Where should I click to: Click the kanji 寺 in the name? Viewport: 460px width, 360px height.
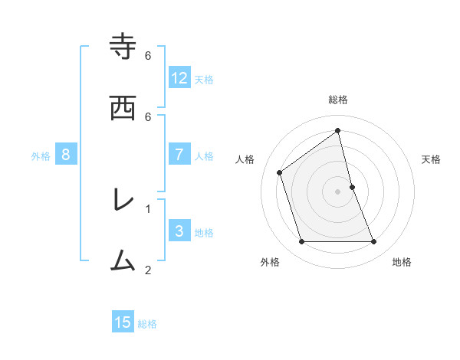point(123,47)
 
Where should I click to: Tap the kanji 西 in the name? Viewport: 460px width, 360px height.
point(123,108)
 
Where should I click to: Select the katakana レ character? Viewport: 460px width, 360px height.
point(123,200)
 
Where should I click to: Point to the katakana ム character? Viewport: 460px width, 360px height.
point(123,261)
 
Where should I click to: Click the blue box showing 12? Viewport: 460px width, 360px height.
point(179,78)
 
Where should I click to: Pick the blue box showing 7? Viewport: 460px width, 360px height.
point(179,155)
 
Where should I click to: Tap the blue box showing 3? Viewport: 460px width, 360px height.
point(179,231)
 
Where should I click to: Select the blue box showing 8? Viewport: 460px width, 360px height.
point(66,155)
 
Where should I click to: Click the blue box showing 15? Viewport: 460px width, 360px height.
point(123,322)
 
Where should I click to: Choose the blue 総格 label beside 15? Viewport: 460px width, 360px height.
point(147,324)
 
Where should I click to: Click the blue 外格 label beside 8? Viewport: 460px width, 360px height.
point(41,156)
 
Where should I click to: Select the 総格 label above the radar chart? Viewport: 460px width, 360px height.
point(338,100)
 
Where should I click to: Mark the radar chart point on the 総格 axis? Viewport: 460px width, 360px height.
point(338,130)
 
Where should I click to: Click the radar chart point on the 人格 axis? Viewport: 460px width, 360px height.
point(280,172)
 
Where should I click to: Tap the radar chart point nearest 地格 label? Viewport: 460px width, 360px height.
point(374,242)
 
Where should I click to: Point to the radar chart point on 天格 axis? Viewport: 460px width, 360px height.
point(352,187)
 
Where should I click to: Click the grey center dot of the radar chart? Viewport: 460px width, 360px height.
point(338,191)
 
